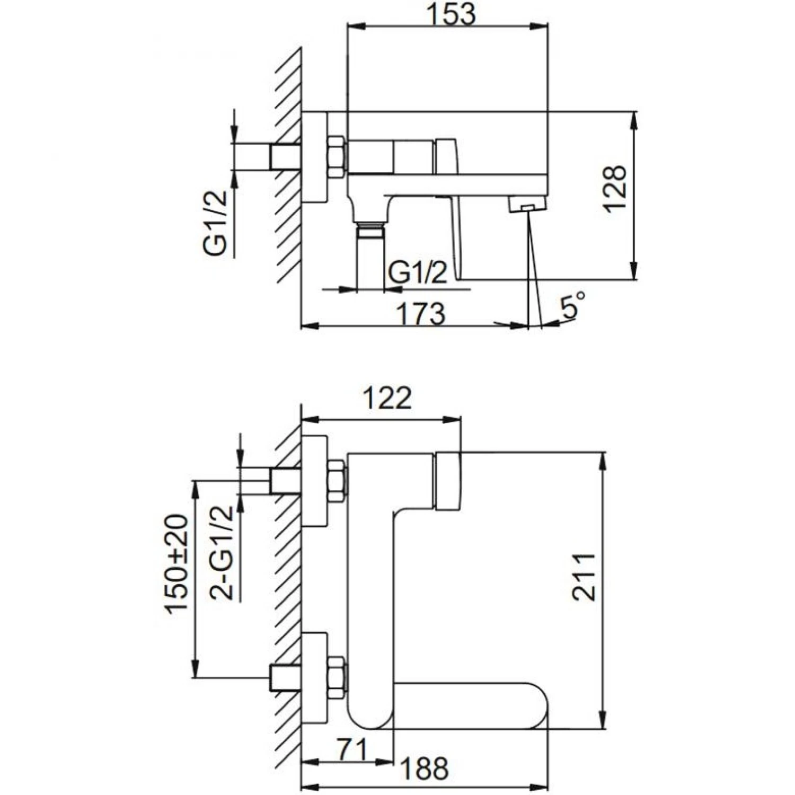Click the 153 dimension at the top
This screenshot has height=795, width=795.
451,14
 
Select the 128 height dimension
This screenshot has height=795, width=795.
615,189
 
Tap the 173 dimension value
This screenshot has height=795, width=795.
421,314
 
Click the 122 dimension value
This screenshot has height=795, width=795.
388,399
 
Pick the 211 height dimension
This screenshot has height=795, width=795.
584,577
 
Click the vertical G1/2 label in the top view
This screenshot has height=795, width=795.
216,223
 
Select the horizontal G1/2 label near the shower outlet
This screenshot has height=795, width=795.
418,273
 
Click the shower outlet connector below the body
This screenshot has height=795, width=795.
369,232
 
